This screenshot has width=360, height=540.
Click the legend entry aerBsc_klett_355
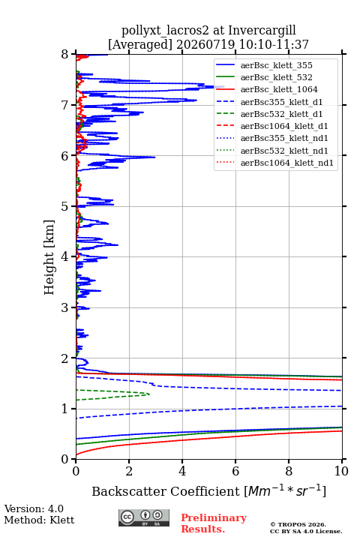coord(276,65)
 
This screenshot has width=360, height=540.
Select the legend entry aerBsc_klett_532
coord(276,77)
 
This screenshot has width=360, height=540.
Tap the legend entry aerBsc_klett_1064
coord(279,89)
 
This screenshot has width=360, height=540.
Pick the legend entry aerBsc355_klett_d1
coord(281,102)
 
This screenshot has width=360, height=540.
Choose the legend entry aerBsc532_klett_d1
coord(281,114)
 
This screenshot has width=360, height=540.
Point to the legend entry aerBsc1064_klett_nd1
coord(287,163)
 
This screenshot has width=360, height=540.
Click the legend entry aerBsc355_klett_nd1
coord(284,139)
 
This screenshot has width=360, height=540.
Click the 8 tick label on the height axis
coord(65,54)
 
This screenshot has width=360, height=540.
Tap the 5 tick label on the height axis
coord(65,206)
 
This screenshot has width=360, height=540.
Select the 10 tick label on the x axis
coord(341,471)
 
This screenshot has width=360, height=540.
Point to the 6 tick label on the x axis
coord(235,471)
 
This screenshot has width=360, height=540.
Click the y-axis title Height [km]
coord(49,257)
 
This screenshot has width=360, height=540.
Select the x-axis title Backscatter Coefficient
coord(166,491)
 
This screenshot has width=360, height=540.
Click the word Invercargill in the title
coord(262,31)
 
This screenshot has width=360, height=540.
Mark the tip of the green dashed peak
coord(149,394)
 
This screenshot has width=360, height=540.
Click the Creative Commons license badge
coord(144,517)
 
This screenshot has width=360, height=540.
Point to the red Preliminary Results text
coord(214,523)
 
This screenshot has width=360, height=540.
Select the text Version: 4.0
coord(34,509)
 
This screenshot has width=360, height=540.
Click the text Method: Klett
coord(39,520)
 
